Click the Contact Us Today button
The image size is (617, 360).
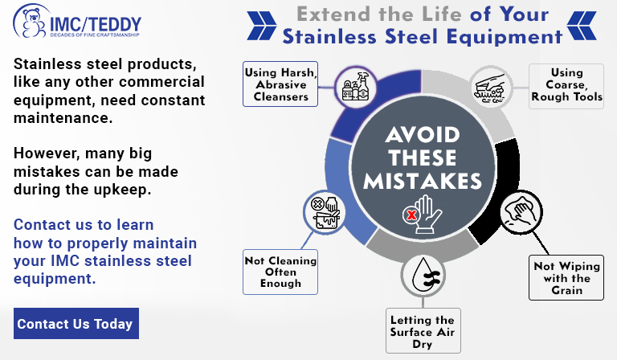(x=76, y=323)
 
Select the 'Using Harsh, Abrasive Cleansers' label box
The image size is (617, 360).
(x=280, y=84)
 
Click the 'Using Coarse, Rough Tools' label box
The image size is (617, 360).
(x=566, y=86)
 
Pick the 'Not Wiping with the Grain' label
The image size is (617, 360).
(x=566, y=278)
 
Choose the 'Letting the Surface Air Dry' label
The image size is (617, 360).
(x=423, y=331)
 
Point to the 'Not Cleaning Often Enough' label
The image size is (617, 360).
(x=280, y=272)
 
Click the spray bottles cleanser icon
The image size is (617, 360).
(x=356, y=87)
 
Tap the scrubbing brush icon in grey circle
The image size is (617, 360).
(x=491, y=88)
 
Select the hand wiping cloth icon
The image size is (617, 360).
(x=521, y=212)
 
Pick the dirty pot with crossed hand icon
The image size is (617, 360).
(x=325, y=212)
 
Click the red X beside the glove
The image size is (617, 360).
(x=411, y=215)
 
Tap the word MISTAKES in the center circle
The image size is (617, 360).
(x=423, y=182)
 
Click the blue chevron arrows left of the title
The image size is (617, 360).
(x=262, y=26)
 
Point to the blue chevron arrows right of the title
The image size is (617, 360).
(x=582, y=26)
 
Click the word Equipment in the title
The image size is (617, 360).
(x=504, y=38)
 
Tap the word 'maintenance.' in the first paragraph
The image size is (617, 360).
(x=63, y=117)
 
